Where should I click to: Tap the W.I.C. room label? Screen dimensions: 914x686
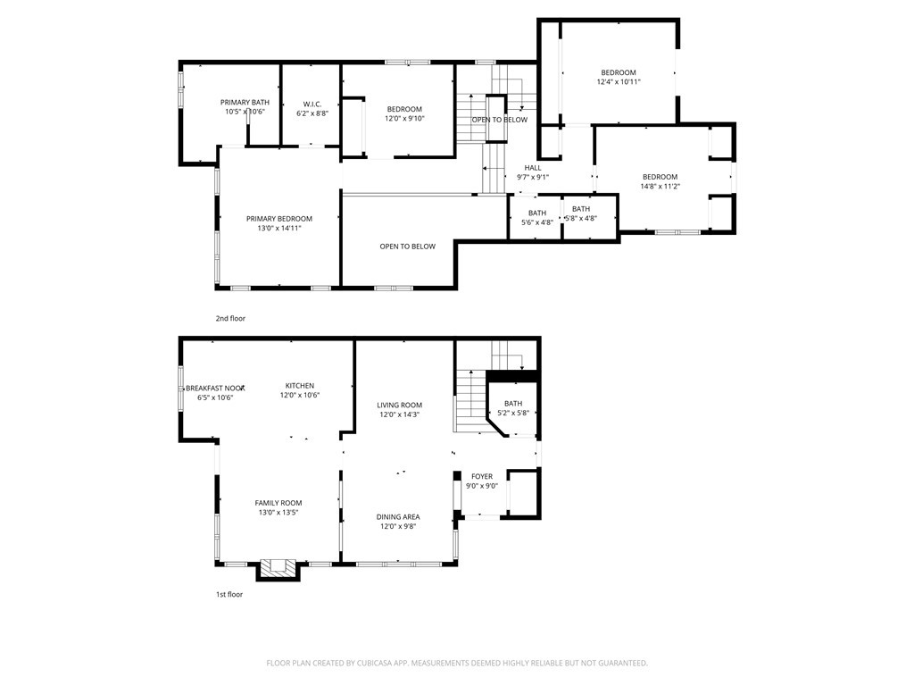(x=312, y=104)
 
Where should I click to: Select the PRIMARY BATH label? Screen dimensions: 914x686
(x=245, y=102)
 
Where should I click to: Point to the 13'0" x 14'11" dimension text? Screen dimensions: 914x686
(x=279, y=228)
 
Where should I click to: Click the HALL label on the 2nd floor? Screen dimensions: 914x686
(x=533, y=167)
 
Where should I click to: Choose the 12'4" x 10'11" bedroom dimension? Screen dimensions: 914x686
(x=619, y=81)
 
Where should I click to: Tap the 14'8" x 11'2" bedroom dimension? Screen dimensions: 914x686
(x=661, y=186)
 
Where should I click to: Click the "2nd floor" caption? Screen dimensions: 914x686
(x=230, y=319)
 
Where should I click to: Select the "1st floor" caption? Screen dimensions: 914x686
(x=229, y=594)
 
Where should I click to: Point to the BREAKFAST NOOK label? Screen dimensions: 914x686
(x=215, y=388)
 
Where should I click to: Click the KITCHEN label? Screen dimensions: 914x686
(x=300, y=386)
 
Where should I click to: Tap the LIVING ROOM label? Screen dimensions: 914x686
(x=399, y=405)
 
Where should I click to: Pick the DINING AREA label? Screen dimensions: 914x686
(x=398, y=517)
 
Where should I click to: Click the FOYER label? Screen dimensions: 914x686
(x=482, y=477)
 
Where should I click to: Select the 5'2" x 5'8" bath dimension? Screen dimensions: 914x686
(x=513, y=413)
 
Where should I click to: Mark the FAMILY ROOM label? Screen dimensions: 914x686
(x=278, y=503)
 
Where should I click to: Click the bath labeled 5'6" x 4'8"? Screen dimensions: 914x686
(x=536, y=217)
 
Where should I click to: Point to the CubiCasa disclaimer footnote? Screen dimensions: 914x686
(x=457, y=663)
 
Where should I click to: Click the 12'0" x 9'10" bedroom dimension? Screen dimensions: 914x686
(x=404, y=119)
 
